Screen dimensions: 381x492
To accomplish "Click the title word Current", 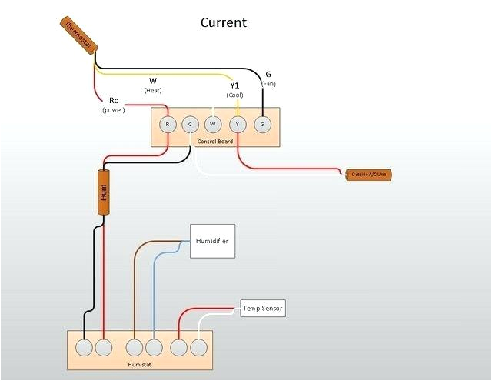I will [x=224, y=22].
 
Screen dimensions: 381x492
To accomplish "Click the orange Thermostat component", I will [x=77, y=36].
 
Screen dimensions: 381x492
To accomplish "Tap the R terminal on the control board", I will [x=167, y=124].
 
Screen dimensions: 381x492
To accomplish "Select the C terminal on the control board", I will [x=190, y=124].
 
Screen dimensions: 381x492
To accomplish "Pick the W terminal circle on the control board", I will [x=214, y=124].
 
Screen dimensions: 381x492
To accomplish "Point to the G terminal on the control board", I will [x=262, y=124].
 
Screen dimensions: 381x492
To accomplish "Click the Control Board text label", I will [x=214, y=142].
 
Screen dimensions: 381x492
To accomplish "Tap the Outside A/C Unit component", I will [x=369, y=175].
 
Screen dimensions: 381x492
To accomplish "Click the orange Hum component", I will [x=104, y=192].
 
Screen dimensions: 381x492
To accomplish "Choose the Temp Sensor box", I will [x=262, y=309].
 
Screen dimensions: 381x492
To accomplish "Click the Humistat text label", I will [x=139, y=363].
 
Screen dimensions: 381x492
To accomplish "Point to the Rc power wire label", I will [x=114, y=101].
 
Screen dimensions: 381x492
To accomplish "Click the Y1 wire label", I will [x=234, y=85].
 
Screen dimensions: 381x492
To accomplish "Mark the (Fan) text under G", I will [x=268, y=83].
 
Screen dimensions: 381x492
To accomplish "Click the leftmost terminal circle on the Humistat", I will [x=84, y=348].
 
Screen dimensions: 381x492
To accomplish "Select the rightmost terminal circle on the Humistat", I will [x=199, y=348].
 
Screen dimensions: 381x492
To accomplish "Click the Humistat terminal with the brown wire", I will [x=135, y=348].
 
